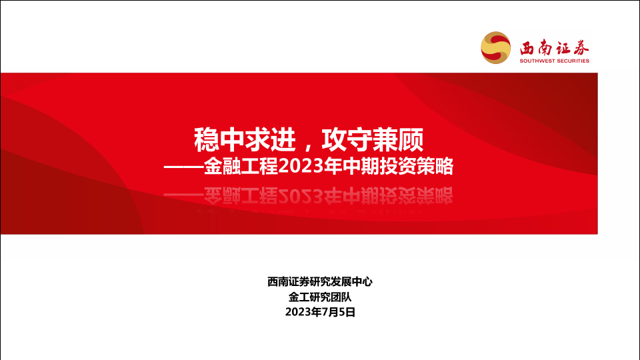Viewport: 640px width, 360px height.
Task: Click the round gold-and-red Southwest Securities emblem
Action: tap(495, 48)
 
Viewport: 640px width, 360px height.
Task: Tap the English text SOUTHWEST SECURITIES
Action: tap(554, 61)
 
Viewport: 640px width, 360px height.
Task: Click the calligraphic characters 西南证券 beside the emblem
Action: tap(554, 48)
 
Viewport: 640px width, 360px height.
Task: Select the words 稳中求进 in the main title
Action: tap(245, 139)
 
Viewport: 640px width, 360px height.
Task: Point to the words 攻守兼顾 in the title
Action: tap(373, 139)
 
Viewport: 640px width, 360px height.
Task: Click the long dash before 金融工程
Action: tap(184, 167)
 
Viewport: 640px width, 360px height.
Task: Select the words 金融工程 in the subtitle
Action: tap(241, 167)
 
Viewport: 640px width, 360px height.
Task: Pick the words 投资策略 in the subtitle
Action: tap(416, 167)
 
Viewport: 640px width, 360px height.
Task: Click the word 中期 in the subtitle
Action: tap(361, 167)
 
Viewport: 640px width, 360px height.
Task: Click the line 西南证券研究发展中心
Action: tap(320, 281)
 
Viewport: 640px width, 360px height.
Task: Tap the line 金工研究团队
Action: tap(320, 297)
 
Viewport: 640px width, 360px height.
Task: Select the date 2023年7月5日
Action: tap(320, 312)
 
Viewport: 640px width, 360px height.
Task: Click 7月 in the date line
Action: tap(330, 312)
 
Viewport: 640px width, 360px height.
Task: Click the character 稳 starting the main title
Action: tap(207, 139)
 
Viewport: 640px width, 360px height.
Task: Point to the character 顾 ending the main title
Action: tap(411, 139)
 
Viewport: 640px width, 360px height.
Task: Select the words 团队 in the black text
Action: tap(341, 297)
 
